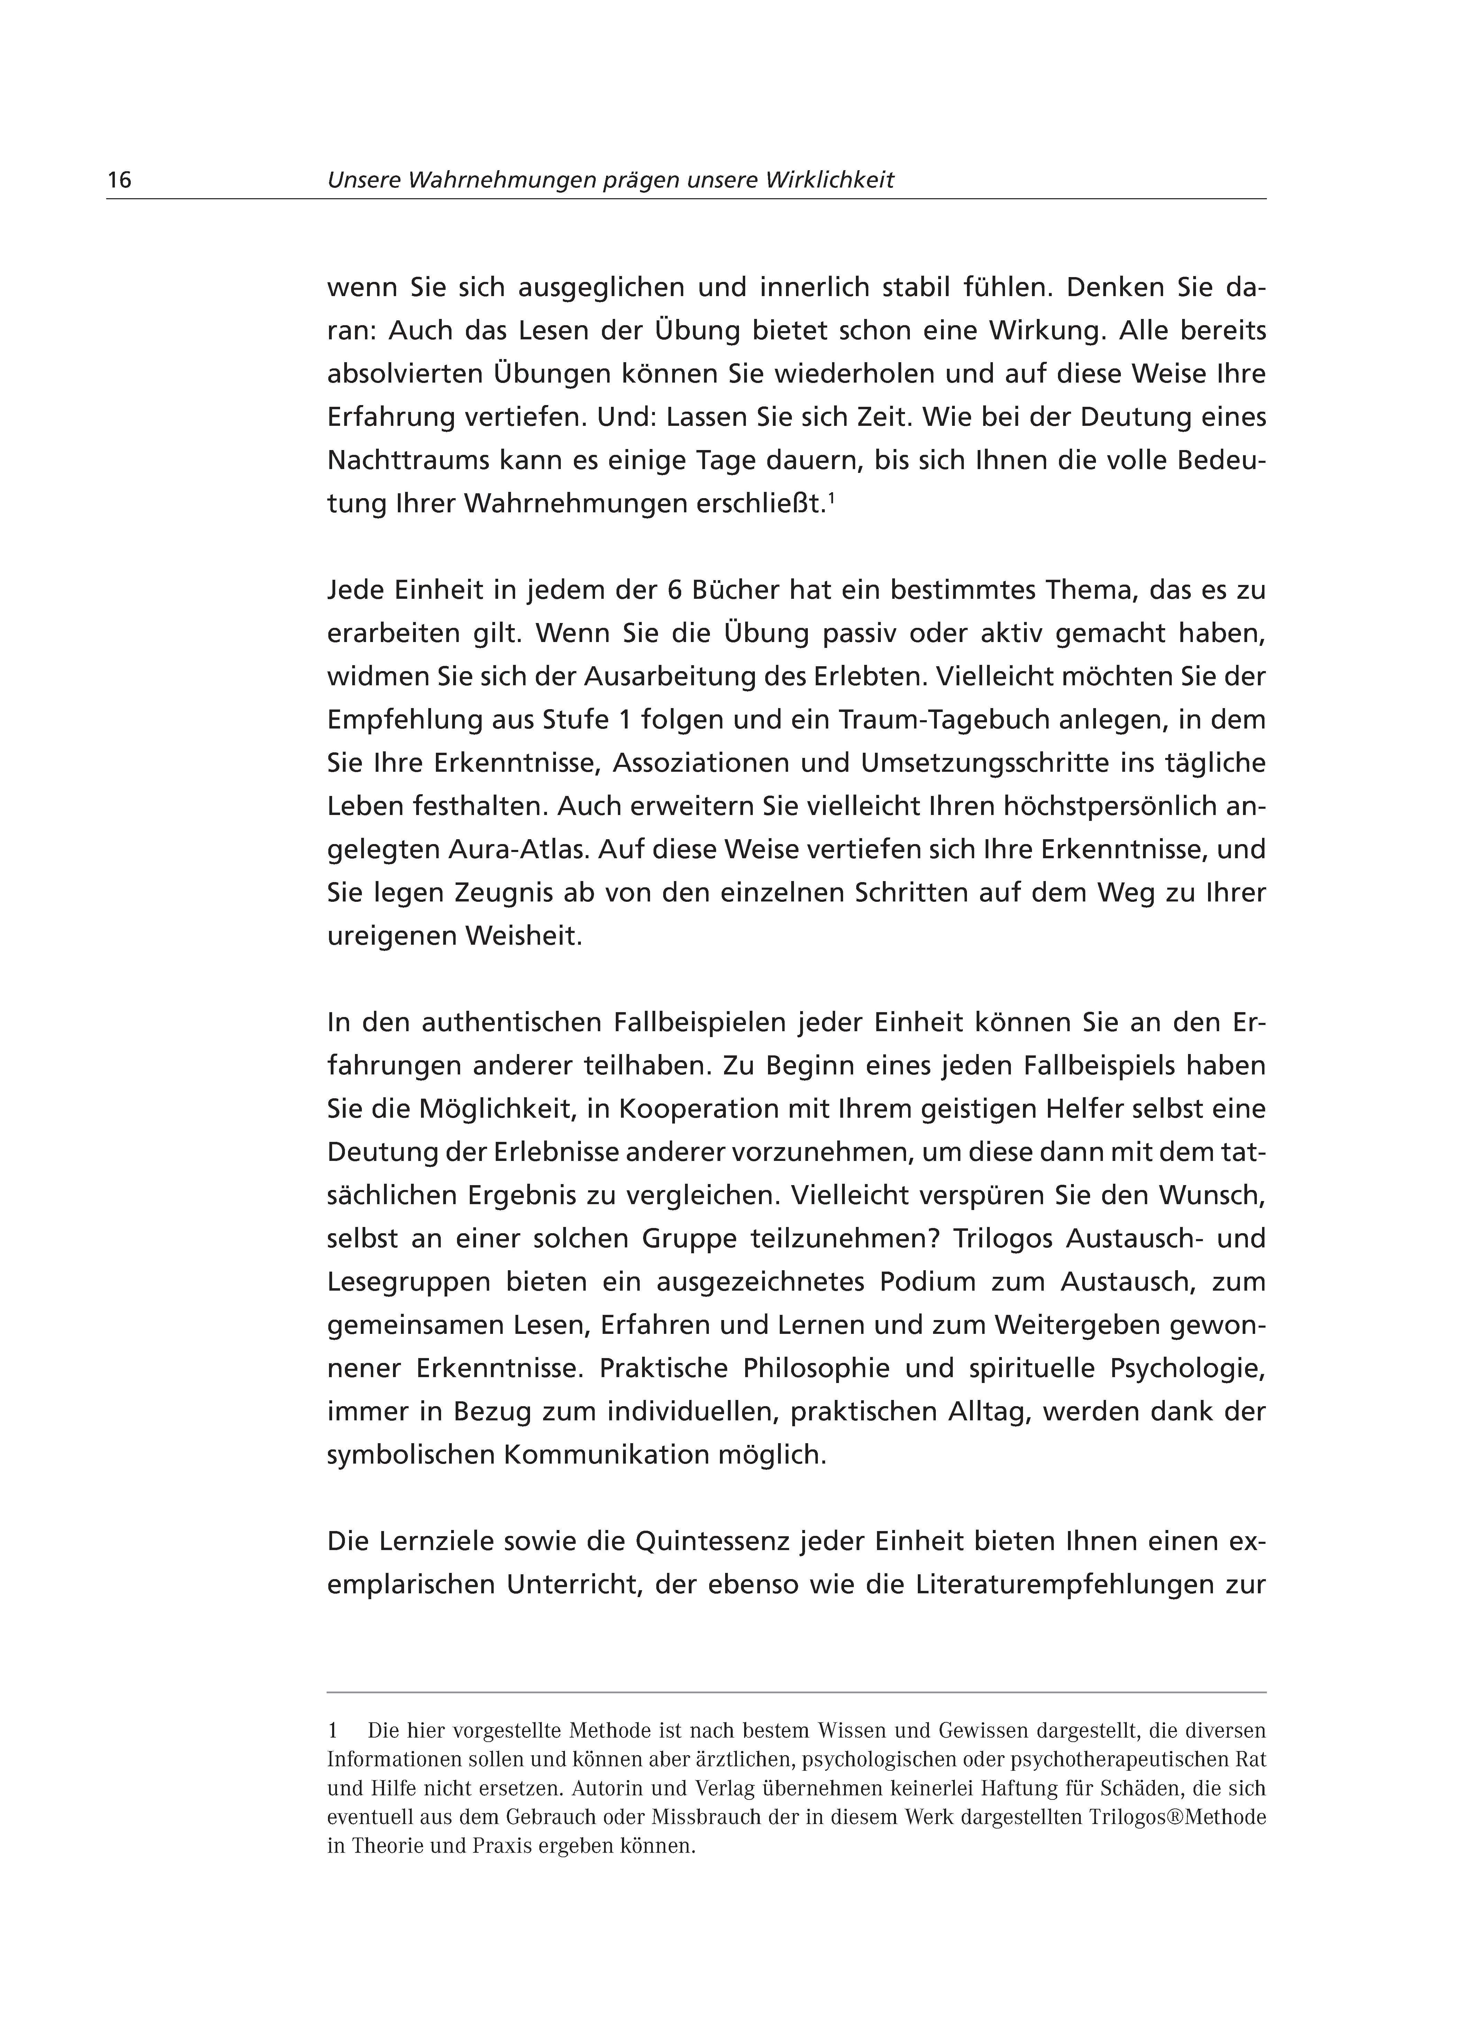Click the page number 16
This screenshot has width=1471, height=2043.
119,180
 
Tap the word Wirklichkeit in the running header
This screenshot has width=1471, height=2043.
830,180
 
